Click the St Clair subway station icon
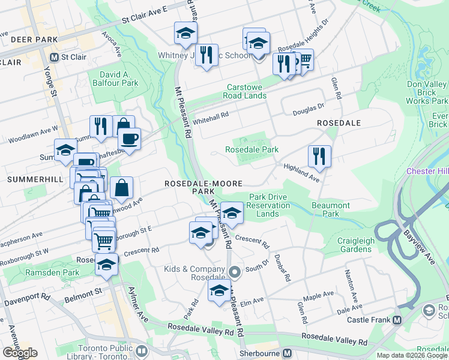click(x=55, y=58)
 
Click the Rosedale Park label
click(x=252, y=149)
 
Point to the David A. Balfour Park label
click(x=114, y=79)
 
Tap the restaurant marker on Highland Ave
click(x=319, y=156)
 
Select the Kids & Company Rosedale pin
click(x=235, y=272)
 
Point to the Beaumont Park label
click(x=331, y=209)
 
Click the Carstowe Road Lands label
click(x=244, y=91)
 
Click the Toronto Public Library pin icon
click(x=142, y=350)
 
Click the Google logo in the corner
click(x=20, y=353)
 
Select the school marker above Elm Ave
click(x=219, y=291)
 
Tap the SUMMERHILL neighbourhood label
click(x=32, y=179)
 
